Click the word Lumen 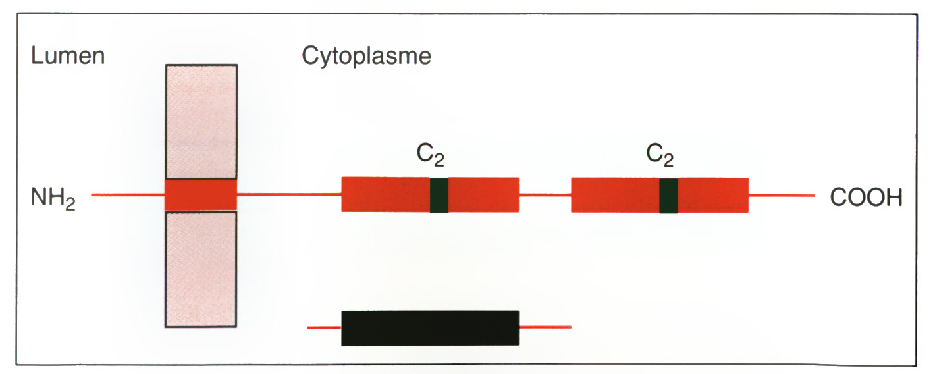pos(68,55)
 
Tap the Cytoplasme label pos(367,57)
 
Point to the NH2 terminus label pos(53,198)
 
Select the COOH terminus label pos(866,197)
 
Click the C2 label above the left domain pos(431,155)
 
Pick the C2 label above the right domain pos(660,155)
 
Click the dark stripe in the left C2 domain pos(439,195)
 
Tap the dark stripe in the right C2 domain pos(669,196)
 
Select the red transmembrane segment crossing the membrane pos(201,195)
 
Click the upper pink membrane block pos(201,122)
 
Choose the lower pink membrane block pos(201,269)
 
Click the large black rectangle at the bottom pos(430,328)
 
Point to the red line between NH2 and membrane pos(128,194)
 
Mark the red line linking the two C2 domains pos(545,195)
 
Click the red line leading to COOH pos(782,196)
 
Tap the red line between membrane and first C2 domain pos(289,194)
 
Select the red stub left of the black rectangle pos(325,328)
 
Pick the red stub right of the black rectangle pos(545,327)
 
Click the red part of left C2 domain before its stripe pos(386,194)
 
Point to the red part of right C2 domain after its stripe pos(713,196)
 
